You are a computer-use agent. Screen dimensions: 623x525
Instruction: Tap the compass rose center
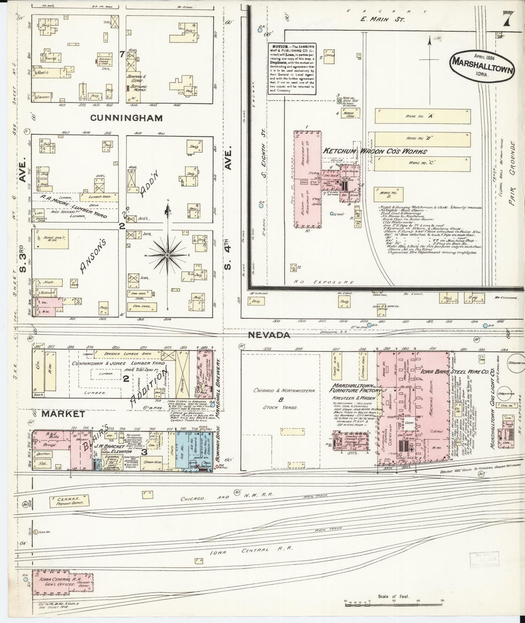tap(167, 256)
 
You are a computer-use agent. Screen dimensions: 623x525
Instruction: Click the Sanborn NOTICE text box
tap(291, 69)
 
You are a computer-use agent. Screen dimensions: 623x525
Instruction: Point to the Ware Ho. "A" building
tap(421, 116)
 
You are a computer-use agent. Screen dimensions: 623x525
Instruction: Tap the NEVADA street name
tap(269, 335)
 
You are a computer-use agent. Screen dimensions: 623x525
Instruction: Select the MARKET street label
tap(63, 414)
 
